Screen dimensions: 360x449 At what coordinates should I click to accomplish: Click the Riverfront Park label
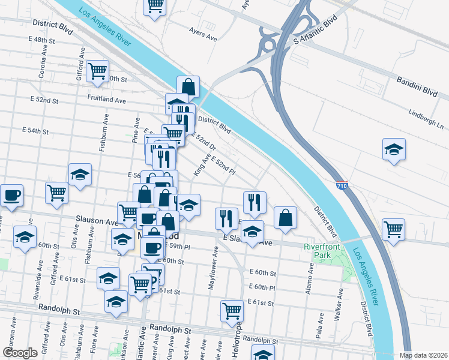322,251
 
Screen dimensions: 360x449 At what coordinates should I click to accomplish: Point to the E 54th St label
34,130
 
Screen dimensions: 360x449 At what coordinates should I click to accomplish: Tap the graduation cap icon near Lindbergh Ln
394,149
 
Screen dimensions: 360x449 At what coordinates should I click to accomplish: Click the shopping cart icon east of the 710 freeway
393,229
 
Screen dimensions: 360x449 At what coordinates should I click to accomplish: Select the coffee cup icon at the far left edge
11,196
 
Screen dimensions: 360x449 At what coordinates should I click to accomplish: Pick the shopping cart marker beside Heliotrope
232,311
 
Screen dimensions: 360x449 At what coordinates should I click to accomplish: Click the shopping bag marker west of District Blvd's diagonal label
286,218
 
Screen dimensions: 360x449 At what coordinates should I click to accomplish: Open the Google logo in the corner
20,353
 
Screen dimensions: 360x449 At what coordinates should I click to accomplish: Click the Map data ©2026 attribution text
424,355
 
